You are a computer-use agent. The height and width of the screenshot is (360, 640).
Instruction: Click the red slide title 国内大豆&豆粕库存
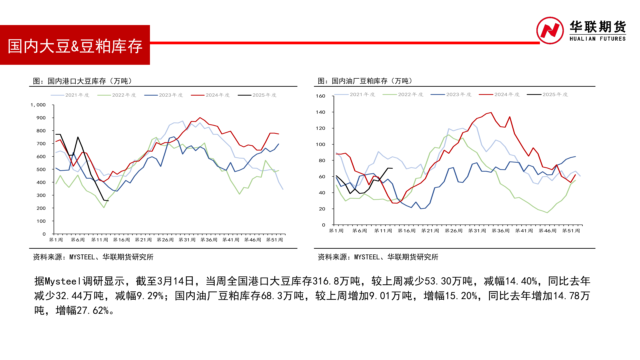click(75, 46)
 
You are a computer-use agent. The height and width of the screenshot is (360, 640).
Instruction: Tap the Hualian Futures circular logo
click(550, 30)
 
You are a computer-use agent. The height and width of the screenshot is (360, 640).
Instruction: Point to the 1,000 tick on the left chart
click(38, 105)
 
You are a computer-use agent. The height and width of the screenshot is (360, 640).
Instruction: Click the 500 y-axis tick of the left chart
click(41, 169)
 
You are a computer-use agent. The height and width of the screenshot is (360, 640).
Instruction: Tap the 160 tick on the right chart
click(320, 96)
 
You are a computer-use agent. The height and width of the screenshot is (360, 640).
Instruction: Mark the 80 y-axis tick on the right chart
click(322, 160)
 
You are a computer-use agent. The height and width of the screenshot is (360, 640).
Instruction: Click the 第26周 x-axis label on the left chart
click(165, 240)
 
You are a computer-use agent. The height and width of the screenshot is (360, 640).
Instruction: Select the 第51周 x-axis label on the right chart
click(571, 231)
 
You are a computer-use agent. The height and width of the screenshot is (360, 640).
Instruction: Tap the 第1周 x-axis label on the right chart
click(336, 231)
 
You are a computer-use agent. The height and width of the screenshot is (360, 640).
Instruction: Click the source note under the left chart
click(93, 257)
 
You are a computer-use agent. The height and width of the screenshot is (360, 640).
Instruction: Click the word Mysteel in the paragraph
click(63, 281)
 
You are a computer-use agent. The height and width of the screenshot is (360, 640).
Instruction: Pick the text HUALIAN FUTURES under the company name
click(597, 39)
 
